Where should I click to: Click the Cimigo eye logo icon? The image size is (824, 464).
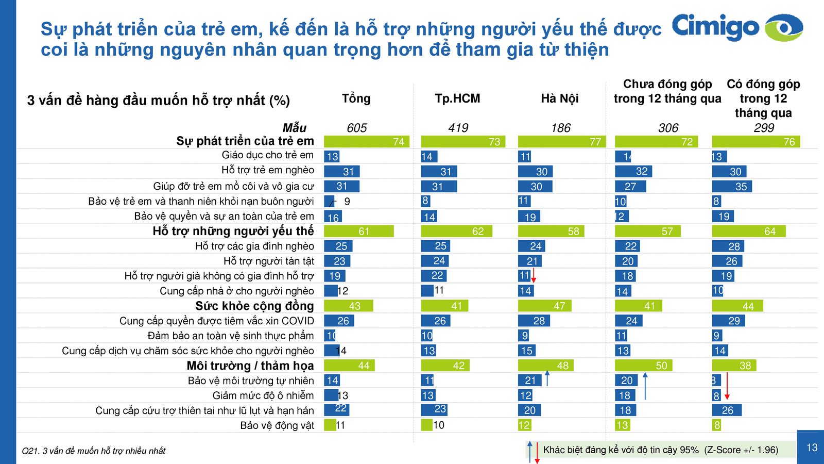(783, 27)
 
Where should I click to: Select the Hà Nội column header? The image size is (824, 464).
(560, 98)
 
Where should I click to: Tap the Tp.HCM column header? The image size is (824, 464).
(457, 98)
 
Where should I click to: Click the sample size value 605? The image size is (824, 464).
(356, 128)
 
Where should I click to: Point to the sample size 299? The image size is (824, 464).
(764, 128)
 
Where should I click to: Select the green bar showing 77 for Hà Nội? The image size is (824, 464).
(561, 142)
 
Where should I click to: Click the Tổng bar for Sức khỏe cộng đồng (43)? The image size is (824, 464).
(348, 306)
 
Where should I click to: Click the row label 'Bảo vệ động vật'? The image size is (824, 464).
(277, 425)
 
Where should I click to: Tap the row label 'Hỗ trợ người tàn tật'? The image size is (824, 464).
(268, 261)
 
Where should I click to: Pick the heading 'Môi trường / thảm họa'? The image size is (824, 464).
(250, 366)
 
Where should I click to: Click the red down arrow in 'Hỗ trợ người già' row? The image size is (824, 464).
(534, 275)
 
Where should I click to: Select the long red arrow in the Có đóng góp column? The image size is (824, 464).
(727, 386)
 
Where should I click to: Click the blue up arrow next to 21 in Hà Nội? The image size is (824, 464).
(547, 378)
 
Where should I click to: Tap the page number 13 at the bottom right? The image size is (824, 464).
(812, 448)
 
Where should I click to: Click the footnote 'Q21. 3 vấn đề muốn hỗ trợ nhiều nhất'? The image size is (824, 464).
(94, 451)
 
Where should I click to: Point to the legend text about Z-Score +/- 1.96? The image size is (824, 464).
(660, 450)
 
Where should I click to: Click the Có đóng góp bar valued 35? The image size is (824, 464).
(732, 187)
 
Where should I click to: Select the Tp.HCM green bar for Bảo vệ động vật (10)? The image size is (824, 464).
(426, 425)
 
